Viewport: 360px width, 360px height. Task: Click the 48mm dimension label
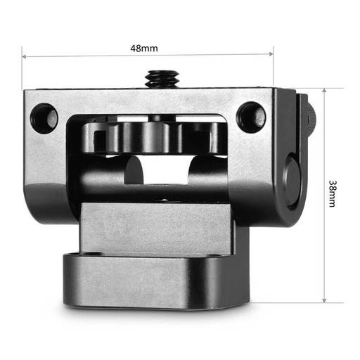click(144, 49)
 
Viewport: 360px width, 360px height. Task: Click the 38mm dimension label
click(332, 193)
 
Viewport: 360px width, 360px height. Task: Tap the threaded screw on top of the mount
click(162, 78)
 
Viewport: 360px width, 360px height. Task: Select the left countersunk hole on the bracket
click(44, 118)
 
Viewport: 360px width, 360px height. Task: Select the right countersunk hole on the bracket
click(251, 117)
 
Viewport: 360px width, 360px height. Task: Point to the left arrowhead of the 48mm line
click(24, 56)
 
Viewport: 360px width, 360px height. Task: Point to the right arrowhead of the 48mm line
click(271, 54)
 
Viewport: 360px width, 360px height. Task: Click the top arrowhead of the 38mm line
click(324, 91)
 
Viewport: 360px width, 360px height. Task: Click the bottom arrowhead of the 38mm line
click(324, 300)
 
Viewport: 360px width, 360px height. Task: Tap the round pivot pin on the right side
click(293, 181)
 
